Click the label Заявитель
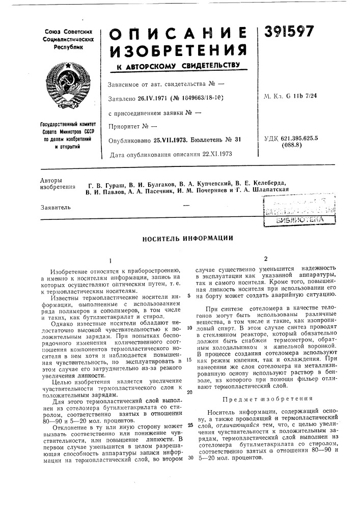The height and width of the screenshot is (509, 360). pyautogui.click(x=54, y=207)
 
